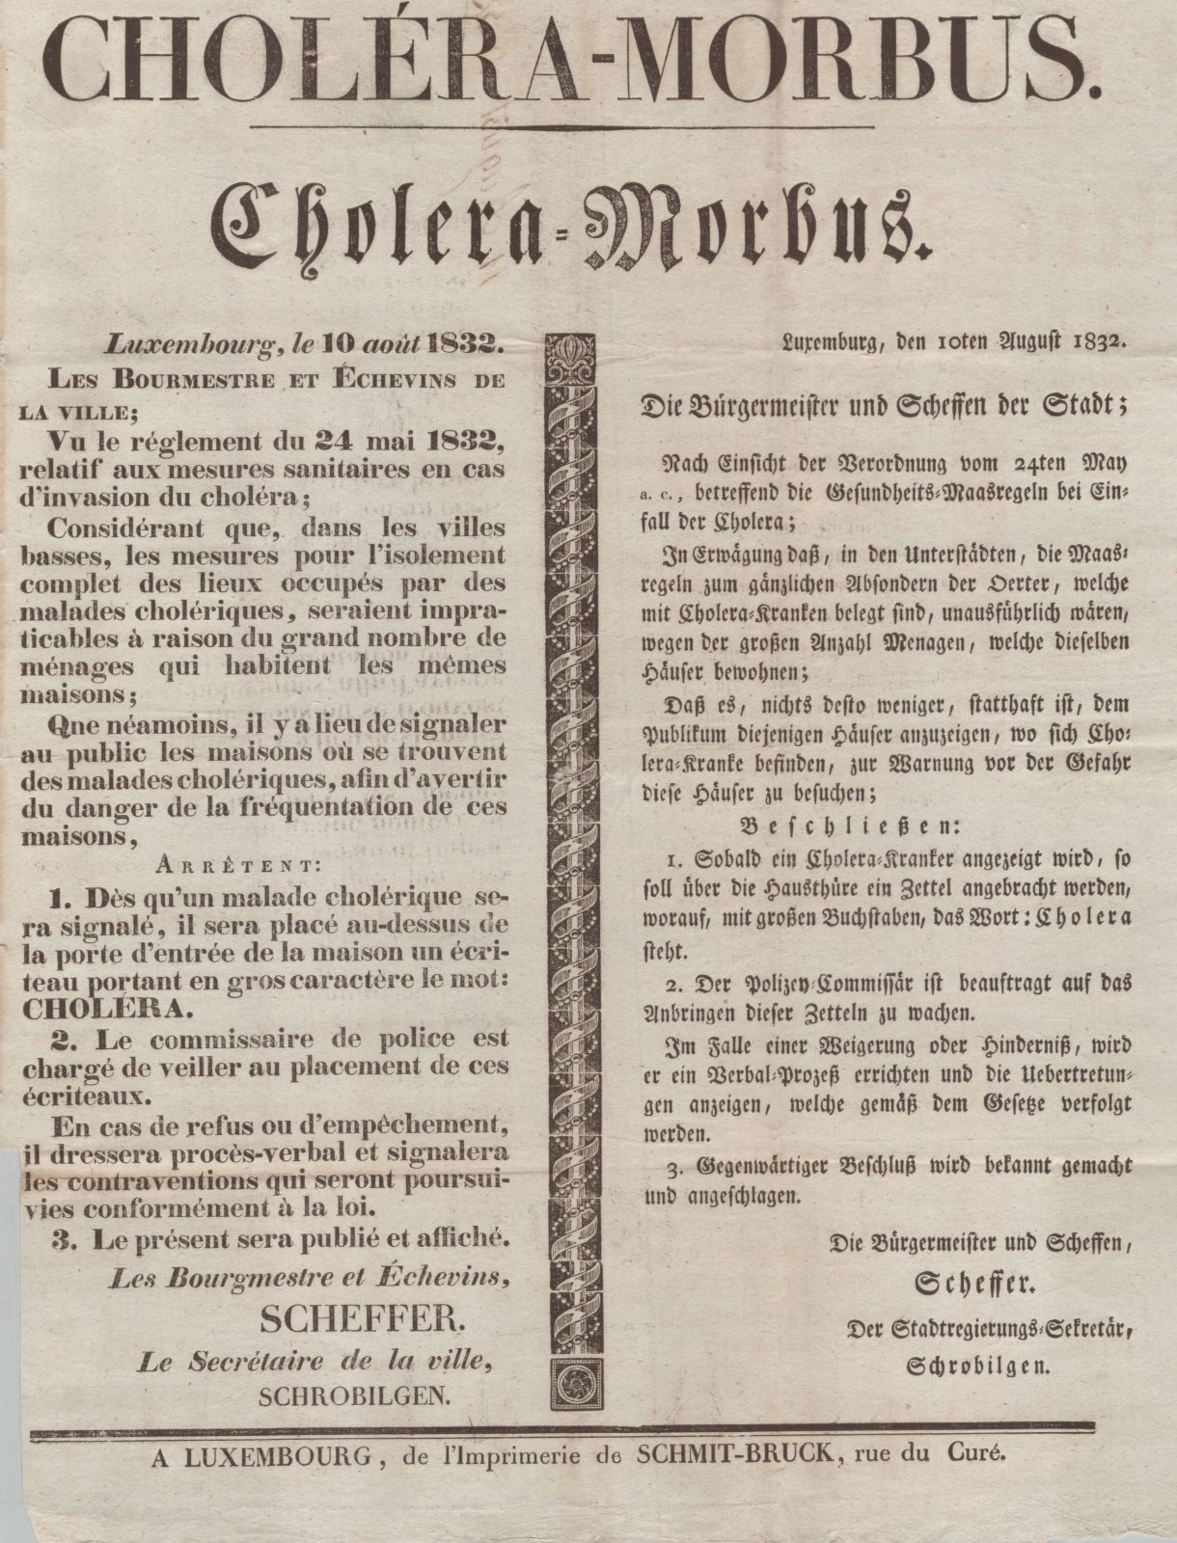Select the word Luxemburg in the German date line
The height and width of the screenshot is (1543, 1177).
[x=827, y=339]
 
